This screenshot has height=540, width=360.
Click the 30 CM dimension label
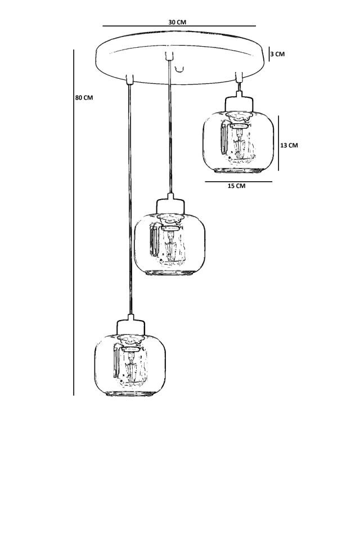point(177,22)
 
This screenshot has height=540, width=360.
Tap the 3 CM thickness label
point(277,54)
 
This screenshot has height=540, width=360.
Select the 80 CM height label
point(84,97)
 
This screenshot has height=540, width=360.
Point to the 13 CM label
point(289,145)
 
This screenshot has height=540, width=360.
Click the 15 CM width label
point(236,186)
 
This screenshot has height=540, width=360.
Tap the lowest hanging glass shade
point(129,366)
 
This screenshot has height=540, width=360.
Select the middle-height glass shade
point(170,245)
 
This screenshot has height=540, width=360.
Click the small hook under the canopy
point(179,69)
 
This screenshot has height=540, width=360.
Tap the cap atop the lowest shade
point(132,325)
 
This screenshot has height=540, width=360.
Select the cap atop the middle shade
point(170,204)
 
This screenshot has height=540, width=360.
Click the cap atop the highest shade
point(238,102)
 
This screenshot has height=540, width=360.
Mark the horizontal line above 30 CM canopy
point(179,26)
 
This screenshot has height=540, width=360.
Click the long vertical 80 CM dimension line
point(74,225)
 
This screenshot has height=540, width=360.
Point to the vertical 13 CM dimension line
point(278,143)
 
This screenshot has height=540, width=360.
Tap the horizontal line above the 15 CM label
point(238,181)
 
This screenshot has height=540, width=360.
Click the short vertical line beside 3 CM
point(269,53)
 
